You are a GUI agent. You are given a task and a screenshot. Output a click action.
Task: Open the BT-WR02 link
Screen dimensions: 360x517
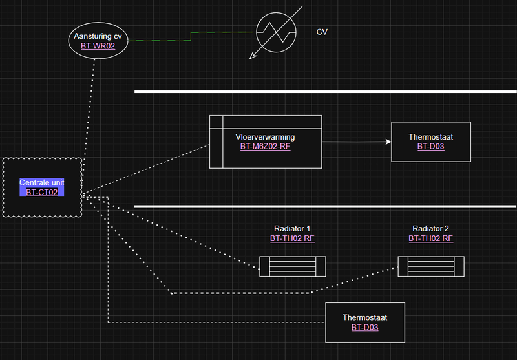click(x=98, y=47)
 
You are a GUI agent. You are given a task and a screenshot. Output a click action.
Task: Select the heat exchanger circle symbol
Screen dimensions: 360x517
click(x=276, y=30)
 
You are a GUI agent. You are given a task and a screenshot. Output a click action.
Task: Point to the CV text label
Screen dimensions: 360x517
click(x=322, y=32)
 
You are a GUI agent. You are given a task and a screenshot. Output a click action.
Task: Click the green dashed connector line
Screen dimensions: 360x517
click(x=194, y=36)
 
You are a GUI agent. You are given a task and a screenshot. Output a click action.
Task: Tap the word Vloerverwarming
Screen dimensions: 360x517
click(x=265, y=137)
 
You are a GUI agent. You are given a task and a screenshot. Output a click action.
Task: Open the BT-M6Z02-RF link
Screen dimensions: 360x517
click(x=265, y=147)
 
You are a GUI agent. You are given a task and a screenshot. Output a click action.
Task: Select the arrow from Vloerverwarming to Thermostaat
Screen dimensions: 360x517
click(x=355, y=142)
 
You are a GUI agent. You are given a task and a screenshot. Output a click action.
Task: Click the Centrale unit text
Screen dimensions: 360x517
click(x=42, y=183)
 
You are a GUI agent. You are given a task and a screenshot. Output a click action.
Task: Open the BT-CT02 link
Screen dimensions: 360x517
click(x=42, y=193)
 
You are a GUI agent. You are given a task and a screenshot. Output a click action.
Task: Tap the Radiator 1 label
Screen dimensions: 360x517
click(x=292, y=229)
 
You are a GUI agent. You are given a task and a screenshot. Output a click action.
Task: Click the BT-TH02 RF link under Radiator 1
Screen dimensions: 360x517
click(x=292, y=238)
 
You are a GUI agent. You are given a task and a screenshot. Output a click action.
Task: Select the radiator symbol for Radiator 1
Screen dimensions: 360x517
click(x=292, y=266)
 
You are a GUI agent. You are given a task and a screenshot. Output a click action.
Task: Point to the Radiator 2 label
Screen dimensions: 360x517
click(x=430, y=229)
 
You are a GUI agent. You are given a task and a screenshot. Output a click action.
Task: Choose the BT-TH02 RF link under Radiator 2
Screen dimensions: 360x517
click(x=430, y=238)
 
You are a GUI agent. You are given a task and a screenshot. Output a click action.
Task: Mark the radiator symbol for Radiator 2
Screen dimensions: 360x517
click(x=430, y=266)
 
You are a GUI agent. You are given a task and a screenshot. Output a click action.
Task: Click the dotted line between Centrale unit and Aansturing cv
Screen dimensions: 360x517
click(x=89, y=110)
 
